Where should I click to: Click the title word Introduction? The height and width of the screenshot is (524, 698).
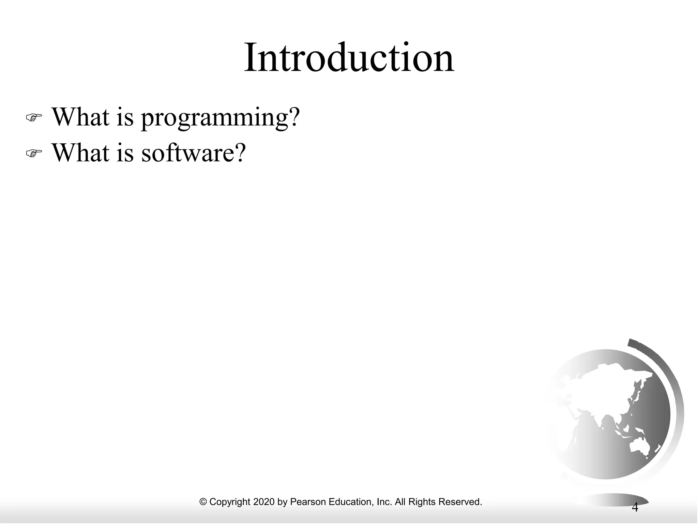tap(349, 58)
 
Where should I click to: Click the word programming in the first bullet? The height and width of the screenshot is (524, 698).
tap(215, 118)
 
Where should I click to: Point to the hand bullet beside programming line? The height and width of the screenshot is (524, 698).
tap(34, 118)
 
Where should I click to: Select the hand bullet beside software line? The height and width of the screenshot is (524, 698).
tap(34, 154)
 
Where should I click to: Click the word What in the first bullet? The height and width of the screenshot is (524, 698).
tap(80, 117)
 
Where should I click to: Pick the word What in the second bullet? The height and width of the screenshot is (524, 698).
tap(80, 152)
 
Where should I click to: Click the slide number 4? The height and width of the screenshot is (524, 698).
tap(635, 507)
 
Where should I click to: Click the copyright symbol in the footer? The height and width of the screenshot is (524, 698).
tap(203, 502)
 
